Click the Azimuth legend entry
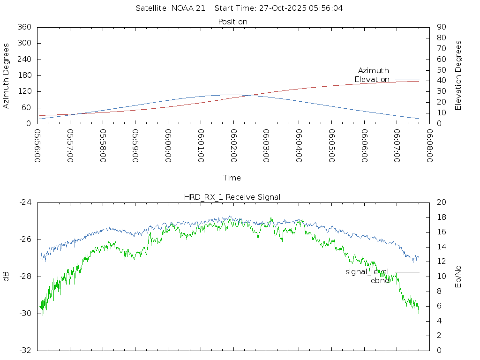374,71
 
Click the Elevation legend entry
372,80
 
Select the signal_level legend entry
367,272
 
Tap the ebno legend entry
380,281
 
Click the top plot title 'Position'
233,22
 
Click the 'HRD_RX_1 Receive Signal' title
232,197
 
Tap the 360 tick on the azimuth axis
24,27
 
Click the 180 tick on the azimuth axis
24,75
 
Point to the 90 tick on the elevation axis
441,27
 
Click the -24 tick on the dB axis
24,202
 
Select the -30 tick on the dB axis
24,314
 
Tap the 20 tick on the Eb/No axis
441,202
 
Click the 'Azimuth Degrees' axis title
7,75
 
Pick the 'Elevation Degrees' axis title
458,75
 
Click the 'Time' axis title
232,178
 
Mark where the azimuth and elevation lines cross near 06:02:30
248,95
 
